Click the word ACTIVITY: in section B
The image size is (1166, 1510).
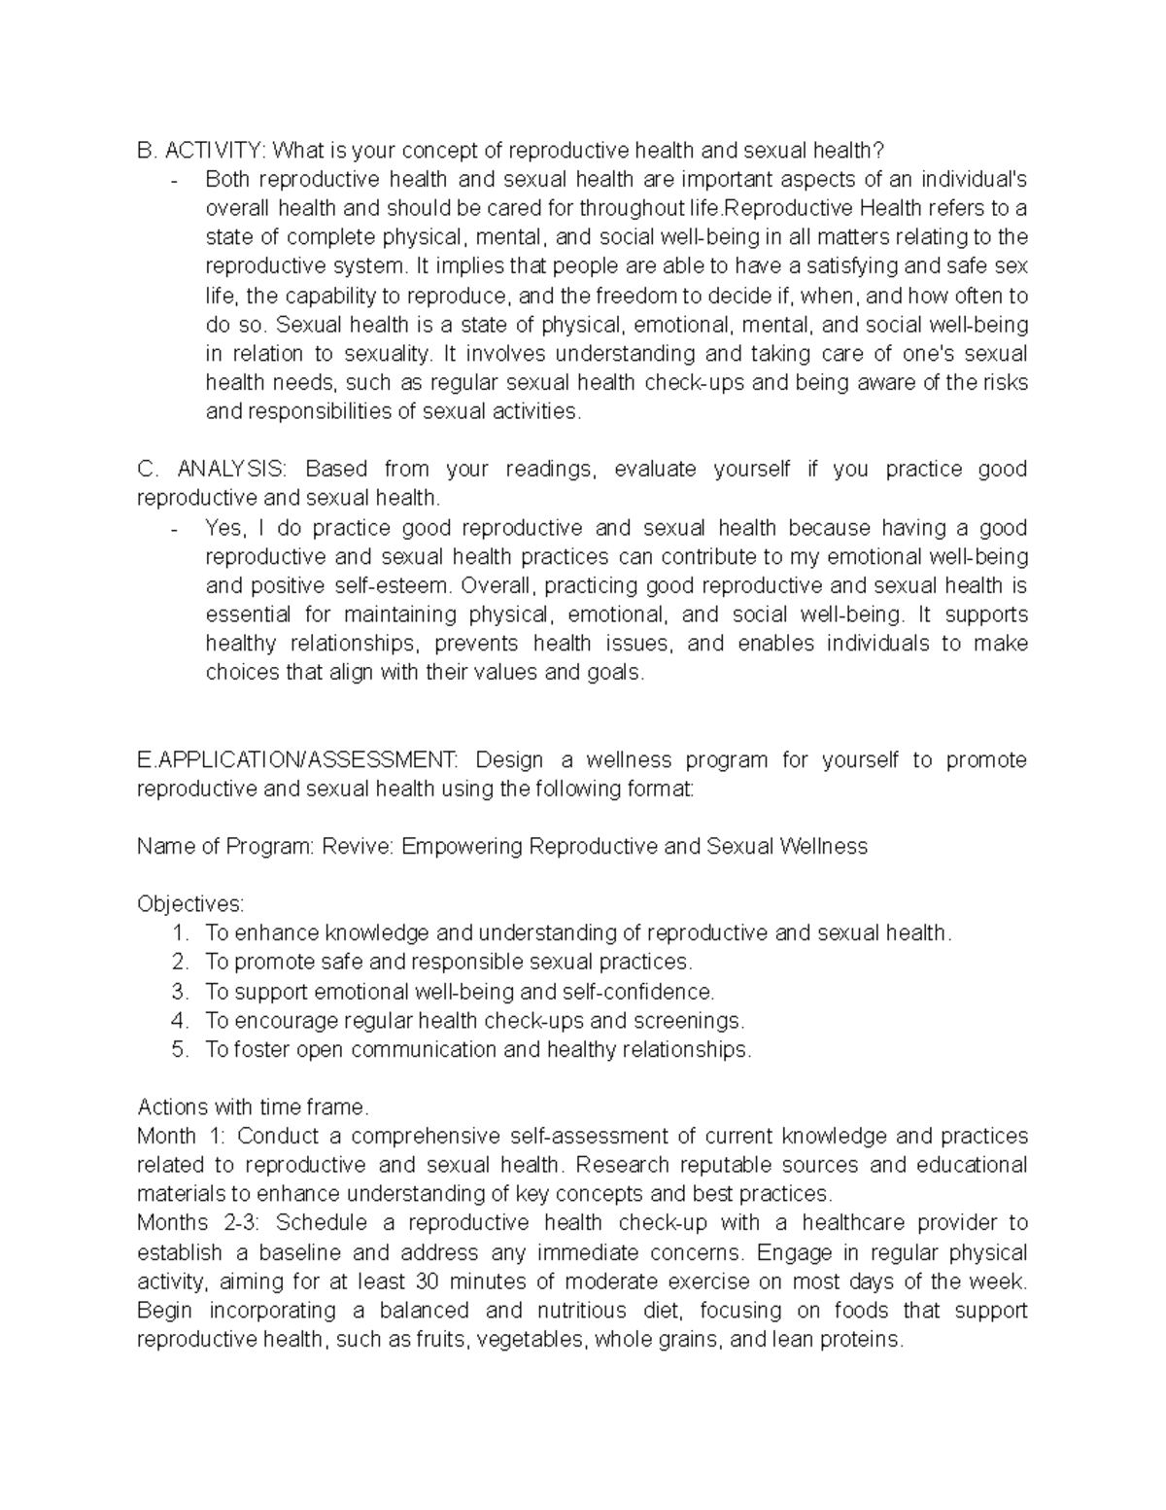pos(215,151)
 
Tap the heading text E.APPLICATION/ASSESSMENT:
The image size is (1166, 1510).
pos(295,759)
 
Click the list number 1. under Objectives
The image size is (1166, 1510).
pos(180,933)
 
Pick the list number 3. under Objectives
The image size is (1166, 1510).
pos(180,992)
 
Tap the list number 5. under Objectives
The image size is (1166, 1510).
pos(180,1050)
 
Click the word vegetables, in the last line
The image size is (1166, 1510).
pos(533,1339)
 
